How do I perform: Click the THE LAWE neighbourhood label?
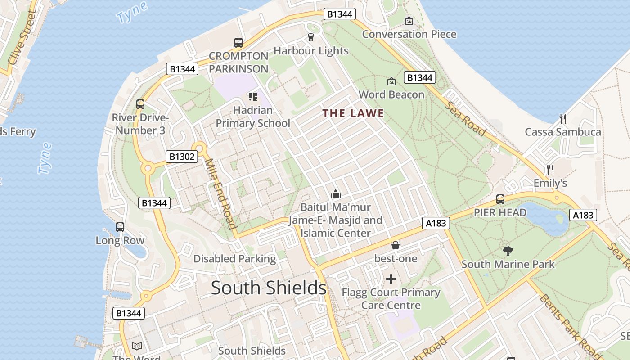coord(353,113)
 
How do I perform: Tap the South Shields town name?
coord(269,288)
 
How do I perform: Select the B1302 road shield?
coord(182,157)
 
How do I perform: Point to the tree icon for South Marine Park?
coord(508,251)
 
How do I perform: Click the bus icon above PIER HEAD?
coord(500,199)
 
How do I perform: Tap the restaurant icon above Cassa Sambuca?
coord(562,119)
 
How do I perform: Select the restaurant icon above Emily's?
coord(550,170)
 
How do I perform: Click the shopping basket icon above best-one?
coord(396,245)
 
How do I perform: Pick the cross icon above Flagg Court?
coord(391,279)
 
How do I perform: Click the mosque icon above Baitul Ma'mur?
coord(335,194)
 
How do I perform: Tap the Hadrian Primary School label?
coord(253,117)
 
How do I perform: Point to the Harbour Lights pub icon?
coord(310,37)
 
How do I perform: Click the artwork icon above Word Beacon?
coord(391,81)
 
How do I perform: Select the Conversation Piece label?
coord(409,34)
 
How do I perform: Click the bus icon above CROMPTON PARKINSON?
coord(238,43)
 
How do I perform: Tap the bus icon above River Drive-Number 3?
coord(140,104)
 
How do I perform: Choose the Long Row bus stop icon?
coord(120,227)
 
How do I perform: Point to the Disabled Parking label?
coord(234,259)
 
